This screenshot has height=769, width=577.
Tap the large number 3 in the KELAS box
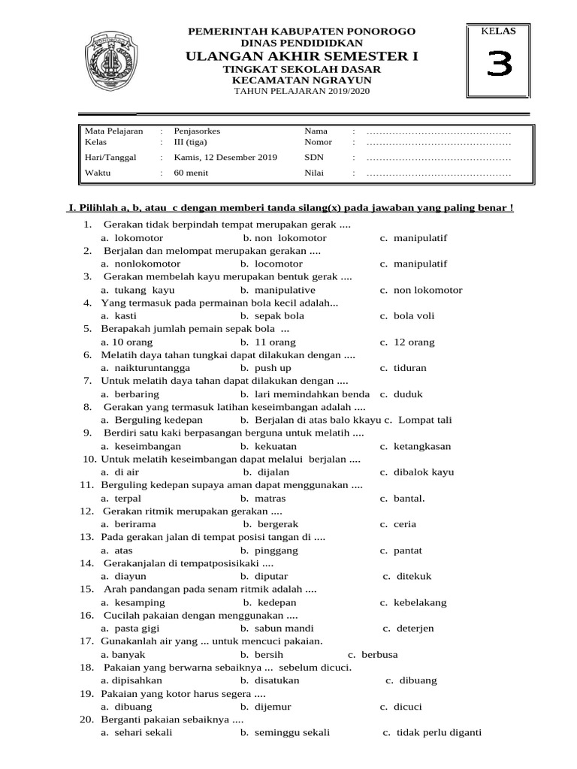click(498, 66)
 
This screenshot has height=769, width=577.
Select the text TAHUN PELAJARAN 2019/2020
click(302, 92)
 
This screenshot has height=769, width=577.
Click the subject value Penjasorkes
click(197, 131)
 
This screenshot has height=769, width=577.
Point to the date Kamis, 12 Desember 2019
click(225, 158)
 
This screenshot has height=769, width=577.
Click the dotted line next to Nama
click(439, 131)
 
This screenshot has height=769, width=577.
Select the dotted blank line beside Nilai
click(439, 173)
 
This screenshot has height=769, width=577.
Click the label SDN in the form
click(313, 158)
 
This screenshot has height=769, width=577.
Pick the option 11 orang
click(264, 342)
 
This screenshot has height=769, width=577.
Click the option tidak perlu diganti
click(438, 733)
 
